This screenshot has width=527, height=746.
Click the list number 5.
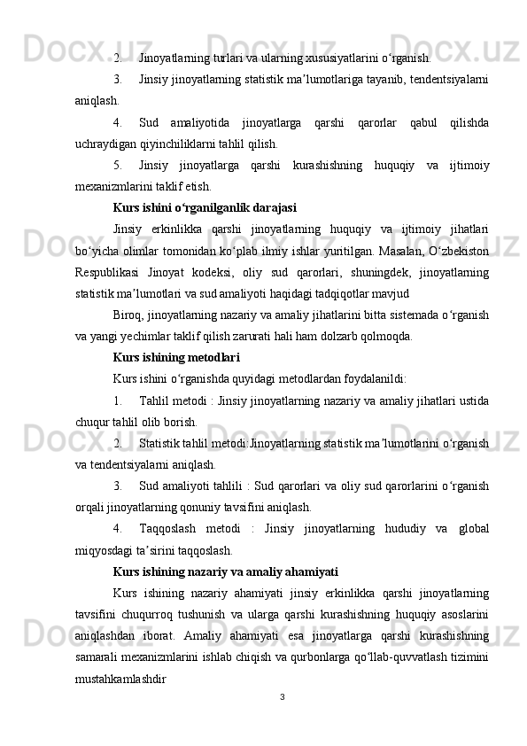118,165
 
